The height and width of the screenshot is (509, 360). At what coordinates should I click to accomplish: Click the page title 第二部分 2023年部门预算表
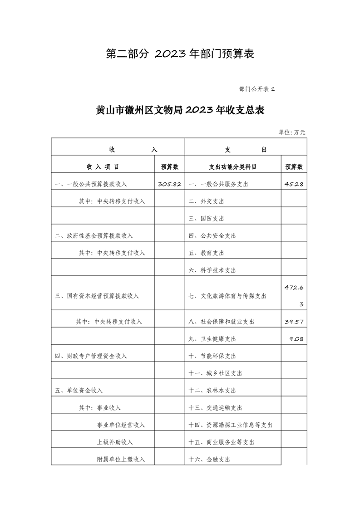[x=180, y=54]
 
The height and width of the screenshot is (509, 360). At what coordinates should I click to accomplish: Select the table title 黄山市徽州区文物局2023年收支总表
[x=180, y=111]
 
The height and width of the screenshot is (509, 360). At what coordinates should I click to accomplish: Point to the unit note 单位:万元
[x=292, y=132]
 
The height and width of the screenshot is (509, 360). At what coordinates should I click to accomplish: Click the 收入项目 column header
[x=103, y=167]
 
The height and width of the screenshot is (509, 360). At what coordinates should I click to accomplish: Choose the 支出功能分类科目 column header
[x=233, y=167]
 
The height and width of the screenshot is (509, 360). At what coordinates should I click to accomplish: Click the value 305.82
[x=170, y=184]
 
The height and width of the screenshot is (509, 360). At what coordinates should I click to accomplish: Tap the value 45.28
[x=294, y=184]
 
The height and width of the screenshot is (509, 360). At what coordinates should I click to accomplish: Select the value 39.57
[x=294, y=322]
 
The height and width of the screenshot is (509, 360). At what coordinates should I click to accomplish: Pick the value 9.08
[x=296, y=339]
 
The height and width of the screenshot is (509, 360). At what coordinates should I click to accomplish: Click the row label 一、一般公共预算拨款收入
[x=91, y=184]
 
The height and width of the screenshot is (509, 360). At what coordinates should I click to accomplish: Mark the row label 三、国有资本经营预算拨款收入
[x=97, y=296]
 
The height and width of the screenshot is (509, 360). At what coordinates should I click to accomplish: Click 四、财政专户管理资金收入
[x=91, y=356]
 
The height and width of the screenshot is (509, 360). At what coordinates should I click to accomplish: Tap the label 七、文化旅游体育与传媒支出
[x=227, y=296]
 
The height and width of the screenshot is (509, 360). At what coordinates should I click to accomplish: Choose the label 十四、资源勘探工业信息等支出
[x=230, y=425]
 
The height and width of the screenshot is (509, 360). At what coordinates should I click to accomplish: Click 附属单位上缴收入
[x=121, y=460]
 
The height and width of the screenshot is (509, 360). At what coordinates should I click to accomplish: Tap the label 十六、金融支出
[x=209, y=460]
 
